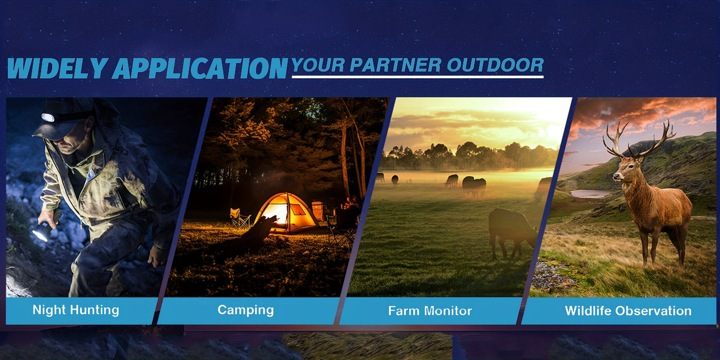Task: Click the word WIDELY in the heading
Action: [x=58, y=68]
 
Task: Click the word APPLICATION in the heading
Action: [x=199, y=68]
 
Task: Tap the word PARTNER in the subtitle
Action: [x=395, y=65]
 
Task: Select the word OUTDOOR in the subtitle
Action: [x=495, y=65]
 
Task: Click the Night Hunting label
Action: [x=76, y=310]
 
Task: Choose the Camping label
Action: [x=246, y=310]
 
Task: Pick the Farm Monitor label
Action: [x=430, y=311]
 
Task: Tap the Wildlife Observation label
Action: [x=628, y=311]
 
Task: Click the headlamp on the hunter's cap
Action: [x=47, y=117]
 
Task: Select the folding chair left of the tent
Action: [x=240, y=219]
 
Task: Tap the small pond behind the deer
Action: [x=591, y=193]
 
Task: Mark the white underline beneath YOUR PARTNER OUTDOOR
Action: [x=418, y=77]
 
